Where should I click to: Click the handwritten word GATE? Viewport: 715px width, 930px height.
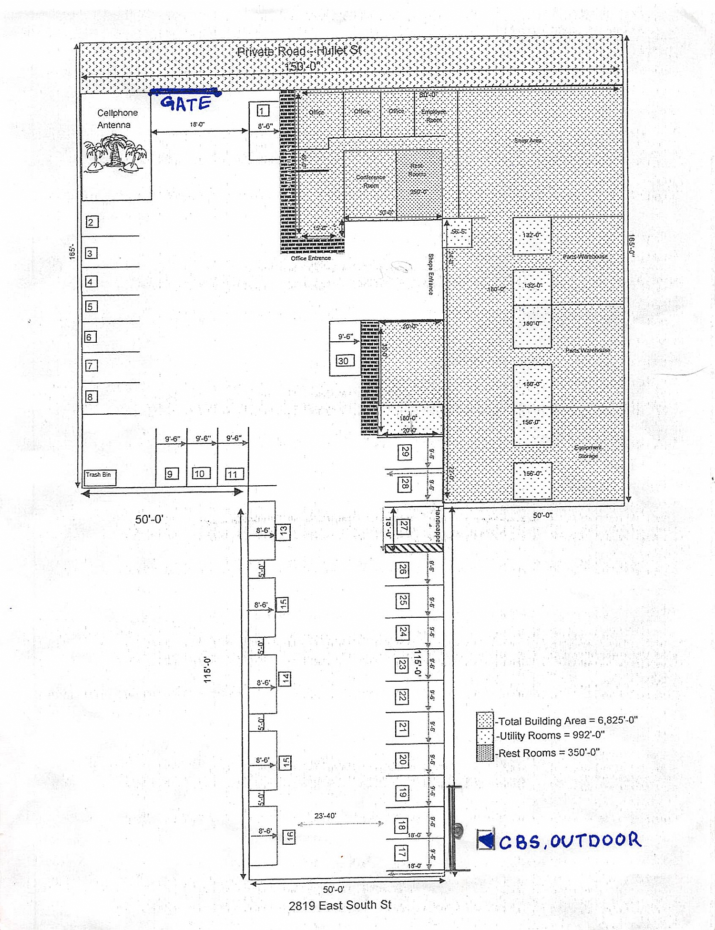(185, 103)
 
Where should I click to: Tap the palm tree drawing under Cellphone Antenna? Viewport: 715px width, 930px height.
(115, 153)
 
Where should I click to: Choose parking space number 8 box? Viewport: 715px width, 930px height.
(91, 397)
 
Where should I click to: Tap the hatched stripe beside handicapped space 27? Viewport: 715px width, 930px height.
(414, 548)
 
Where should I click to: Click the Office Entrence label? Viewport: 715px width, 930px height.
(311, 258)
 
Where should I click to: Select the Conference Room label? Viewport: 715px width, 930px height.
(371, 181)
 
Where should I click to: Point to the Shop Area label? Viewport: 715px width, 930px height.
(527, 141)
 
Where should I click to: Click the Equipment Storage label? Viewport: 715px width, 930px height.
(588, 451)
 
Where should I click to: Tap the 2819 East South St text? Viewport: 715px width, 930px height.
(340, 905)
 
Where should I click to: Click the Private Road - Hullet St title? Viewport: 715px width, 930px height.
(299, 51)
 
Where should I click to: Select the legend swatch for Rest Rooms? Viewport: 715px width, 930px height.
(485, 753)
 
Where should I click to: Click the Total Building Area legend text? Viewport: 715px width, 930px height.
(567, 720)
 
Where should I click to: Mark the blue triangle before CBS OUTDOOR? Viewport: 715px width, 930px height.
(486, 840)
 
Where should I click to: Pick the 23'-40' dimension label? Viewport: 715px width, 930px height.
(325, 816)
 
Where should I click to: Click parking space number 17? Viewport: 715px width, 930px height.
(401, 852)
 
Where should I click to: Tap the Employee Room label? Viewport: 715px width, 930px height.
(434, 115)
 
